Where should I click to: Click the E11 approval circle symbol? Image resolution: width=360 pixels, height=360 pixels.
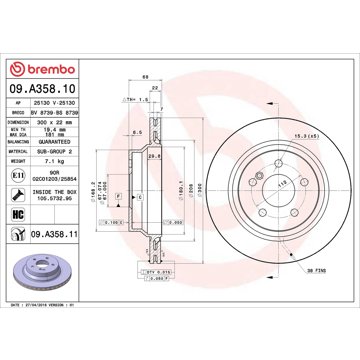(x=20, y=173)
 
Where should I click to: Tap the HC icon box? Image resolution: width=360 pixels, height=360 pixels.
(x=20, y=215)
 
